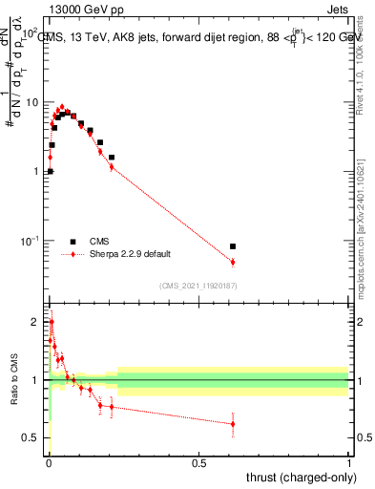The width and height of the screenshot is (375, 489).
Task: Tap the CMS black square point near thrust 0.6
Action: pos(233,246)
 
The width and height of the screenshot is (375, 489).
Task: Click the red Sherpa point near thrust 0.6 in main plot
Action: pos(233,262)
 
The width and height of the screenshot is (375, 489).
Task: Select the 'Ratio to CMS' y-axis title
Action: pos(12,379)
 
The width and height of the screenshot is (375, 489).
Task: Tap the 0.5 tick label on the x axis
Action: pos(198,461)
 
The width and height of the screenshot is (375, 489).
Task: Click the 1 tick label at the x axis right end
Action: pos(349,461)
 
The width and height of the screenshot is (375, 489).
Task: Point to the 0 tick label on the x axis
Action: pos(49,461)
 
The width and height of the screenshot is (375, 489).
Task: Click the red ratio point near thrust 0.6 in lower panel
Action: pos(233,423)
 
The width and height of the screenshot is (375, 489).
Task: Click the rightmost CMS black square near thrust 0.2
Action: pos(112,158)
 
